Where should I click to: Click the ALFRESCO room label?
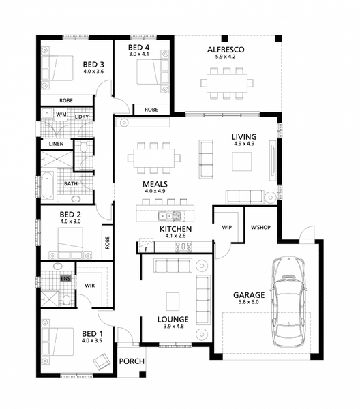(226, 50)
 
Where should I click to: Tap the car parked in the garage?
(288, 302)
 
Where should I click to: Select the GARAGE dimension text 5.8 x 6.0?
(249, 302)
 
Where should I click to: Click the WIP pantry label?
(226, 228)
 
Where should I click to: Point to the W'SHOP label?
(260, 228)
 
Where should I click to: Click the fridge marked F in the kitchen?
(147, 245)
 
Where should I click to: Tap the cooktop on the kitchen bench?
(183, 247)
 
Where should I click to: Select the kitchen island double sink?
(166, 216)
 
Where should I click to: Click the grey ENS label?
(65, 279)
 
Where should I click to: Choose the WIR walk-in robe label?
(89, 286)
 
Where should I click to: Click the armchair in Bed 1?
(102, 361)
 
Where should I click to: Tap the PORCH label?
(132, 361)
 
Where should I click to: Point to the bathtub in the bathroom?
(48, 185)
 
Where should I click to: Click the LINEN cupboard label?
(56, 144)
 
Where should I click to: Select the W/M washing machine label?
(61, 115)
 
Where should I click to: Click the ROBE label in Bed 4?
(151, 110)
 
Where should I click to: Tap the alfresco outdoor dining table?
(227, 83)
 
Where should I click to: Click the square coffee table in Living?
(242, 162)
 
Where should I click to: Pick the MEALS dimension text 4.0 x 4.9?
(155, 191)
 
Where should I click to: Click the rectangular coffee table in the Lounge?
(172, 302)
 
